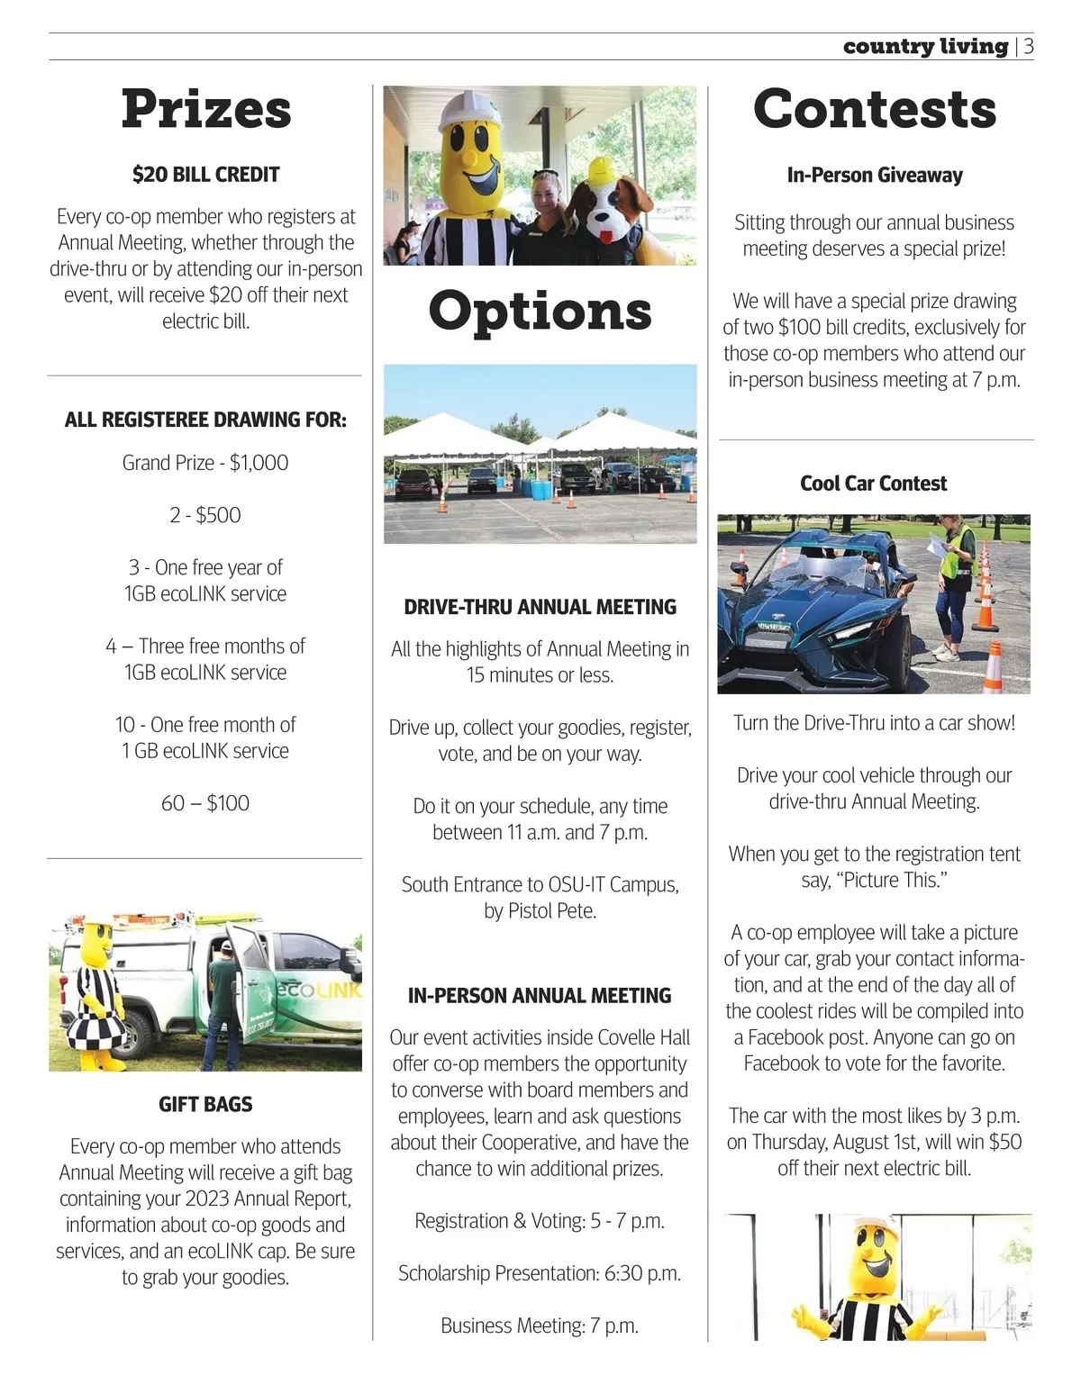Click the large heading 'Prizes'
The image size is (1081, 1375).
(206, 109)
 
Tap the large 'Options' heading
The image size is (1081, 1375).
(540, 311)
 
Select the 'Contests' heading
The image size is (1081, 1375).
(874, 109)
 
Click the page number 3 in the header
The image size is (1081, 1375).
(1028, 46)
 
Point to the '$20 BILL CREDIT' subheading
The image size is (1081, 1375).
(205, 175)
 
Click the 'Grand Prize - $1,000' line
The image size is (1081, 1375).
(205, 463)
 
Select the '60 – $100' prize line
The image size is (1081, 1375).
(205, 803)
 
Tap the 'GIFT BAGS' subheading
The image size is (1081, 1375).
(205, 1104)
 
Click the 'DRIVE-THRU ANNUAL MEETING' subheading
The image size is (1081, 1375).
(540, 607)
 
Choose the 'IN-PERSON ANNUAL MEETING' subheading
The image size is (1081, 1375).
(540, 996)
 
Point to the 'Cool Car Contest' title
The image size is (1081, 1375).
(873, 484)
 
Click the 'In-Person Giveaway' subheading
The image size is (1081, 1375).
(874, 176)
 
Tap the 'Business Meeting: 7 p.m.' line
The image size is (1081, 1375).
(540, 1325)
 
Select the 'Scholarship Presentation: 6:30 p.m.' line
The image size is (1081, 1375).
(540, 1273)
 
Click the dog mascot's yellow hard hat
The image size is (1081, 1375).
(609, 171)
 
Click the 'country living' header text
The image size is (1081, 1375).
(925, 46)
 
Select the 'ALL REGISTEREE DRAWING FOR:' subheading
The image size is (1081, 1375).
(205, 420)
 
